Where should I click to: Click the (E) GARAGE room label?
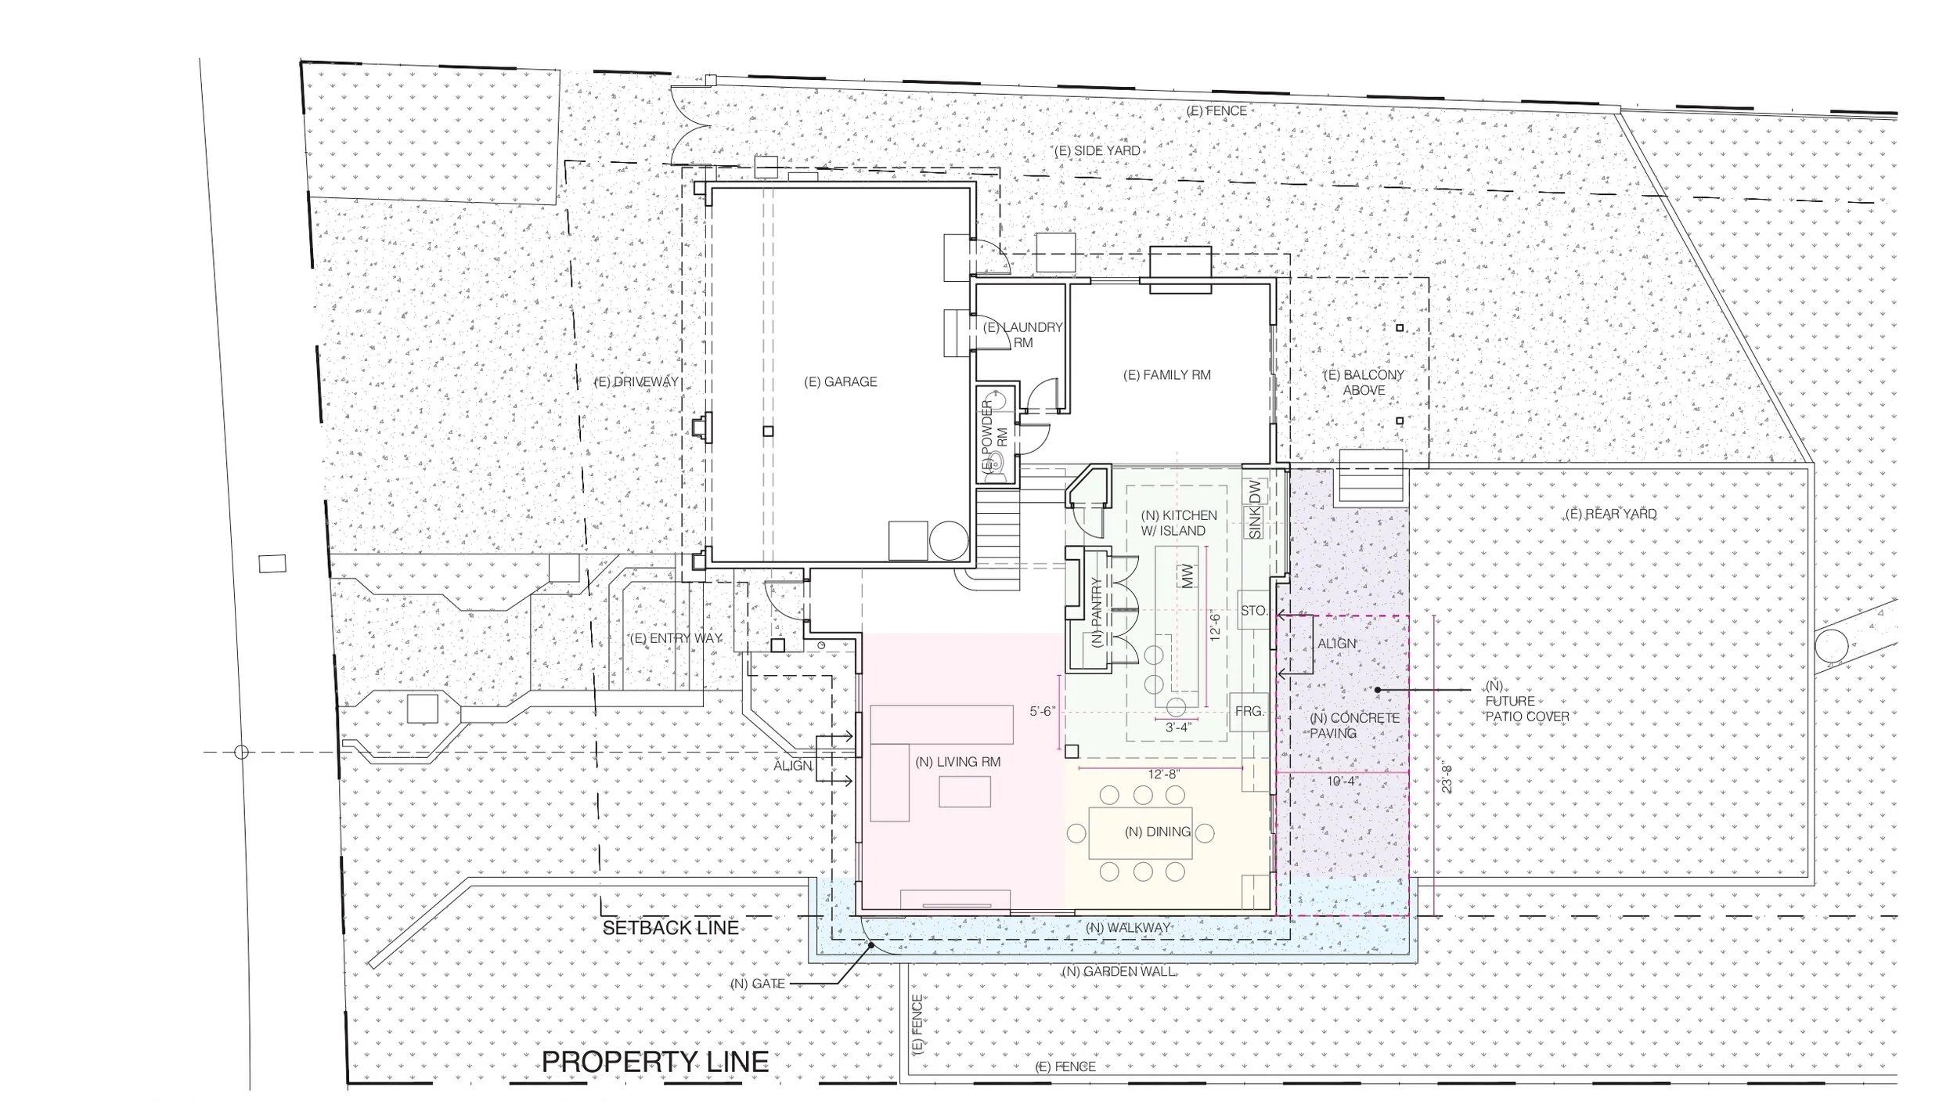(x=841, y=382)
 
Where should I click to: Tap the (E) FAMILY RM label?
(x=1167, y=375)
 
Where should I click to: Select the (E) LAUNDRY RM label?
(x=1022, y=335)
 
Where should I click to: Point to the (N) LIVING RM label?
(x=958, y=762)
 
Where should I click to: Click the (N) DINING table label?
(x=1158, y=832)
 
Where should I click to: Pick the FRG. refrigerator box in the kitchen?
(x=1249, y=712)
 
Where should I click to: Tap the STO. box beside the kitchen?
(x=1253, y=611)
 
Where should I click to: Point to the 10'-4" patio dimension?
(x=1341, y=781)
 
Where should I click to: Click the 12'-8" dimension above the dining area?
(x=1163, y=774)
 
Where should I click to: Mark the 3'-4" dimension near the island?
(x=1178, y=727)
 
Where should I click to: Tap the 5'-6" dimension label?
(x=1043, y=712)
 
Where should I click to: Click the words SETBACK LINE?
(x=670, y=928)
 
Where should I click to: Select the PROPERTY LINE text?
(x=655, y=1062)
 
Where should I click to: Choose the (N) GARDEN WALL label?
(x=1119, y=971)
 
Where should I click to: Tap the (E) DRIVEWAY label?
(x=636, y=382)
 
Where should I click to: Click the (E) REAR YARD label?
(x=1611, y=514)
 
